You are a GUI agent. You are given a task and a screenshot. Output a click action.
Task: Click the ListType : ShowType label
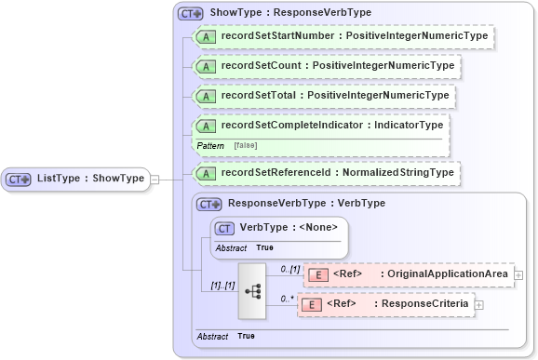pyautogui.click(x=90, y=179)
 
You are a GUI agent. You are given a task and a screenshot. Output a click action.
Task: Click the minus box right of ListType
pyautogui.click(x=155, y=179)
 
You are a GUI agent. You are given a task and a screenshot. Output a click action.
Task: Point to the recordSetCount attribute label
pyautogui.click(x=337, y=66)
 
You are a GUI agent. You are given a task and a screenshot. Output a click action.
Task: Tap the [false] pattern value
pyautogui.click(x=246, y=145)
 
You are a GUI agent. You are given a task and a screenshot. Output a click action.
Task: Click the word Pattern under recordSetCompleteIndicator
pyautogui.click(x=210, y=145)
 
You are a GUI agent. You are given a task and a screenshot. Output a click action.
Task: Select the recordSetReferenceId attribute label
pyautogui.click(x=337, y=172)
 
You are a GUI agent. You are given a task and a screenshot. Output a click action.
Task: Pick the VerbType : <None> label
pyautogui.click(x=289, y=227)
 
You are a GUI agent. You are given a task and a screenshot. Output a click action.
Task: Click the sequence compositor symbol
pyautogui.click(x=252, y=289)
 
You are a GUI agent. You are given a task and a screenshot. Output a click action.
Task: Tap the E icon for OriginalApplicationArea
pyautogui.click(x=316, y=274)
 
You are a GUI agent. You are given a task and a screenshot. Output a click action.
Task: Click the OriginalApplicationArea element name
pyautogui.click(x=448, y=274)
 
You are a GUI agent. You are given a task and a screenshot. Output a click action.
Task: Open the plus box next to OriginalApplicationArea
pyautogui.click(x=518, y=274)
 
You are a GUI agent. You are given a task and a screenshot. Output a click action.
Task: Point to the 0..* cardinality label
pyautogui.click(x=288, y=298)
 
